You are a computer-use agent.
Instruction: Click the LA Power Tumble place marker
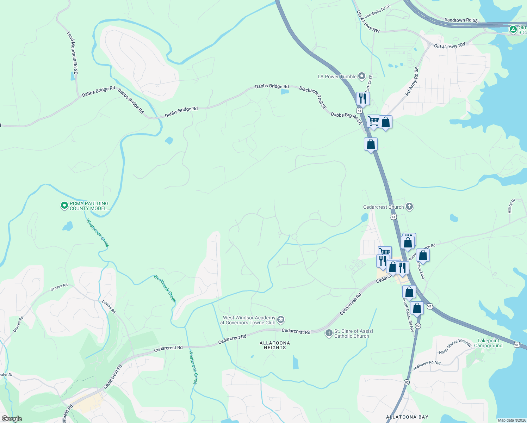click(x=362, y=76)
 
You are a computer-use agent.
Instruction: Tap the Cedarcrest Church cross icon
click(x=409, y=207)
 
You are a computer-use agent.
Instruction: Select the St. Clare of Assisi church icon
click(x=329, y=333)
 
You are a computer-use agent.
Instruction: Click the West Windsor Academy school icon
click(x=281, y=320)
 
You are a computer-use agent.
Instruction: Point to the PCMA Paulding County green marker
click(x=64, y=205)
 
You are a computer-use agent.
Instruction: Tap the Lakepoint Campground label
click(x=488, y=343)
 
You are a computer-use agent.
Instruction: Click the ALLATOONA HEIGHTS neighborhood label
click(x=275, y=345)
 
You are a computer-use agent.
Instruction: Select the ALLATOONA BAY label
click(x=407, y=417)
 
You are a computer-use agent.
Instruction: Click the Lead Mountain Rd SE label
click(x=73, y=53)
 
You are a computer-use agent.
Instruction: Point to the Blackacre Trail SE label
click(x=313, y=97)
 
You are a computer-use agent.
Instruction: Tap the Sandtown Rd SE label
click(x=461, y=20)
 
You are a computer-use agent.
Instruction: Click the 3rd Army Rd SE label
click(x=411, y=82)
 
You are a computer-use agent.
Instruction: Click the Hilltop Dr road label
click(x=512, y=206)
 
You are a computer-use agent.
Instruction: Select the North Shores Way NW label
click(x=455, y=347)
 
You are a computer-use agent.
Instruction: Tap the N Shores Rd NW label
click(x=427, y=365)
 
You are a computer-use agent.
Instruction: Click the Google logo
click(x=12, y=418)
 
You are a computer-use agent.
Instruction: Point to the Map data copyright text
click(x=511, y=420)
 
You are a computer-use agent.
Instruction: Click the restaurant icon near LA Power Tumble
click(x=362, y=98)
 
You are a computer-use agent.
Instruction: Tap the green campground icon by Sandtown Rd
click(x=513, y=29)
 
